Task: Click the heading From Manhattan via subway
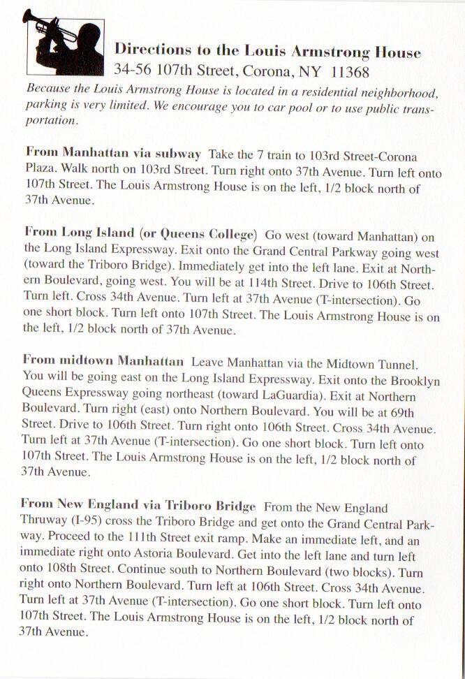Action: (113, 153)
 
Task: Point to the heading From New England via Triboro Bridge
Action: (138, 505)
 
